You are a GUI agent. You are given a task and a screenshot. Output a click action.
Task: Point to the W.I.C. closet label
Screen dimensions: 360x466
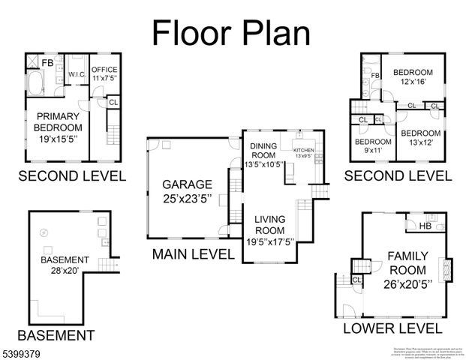tap(76, 75)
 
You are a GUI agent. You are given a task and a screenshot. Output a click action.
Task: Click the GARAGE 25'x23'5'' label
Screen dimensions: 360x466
tap(188, 190)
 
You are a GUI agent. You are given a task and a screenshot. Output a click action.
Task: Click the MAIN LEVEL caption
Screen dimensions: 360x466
tap(193, 254)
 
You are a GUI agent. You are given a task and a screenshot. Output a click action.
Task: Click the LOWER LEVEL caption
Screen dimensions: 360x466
tap(392, 328)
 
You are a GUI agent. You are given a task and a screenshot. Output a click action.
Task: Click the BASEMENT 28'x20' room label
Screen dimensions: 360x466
tap(65, 265)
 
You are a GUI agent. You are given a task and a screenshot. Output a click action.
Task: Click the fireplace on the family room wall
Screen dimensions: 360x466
tap(449, 268)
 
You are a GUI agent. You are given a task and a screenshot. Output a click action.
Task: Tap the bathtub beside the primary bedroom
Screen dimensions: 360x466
tap(35, 82)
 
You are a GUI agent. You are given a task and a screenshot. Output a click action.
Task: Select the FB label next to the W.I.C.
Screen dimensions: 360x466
tap(47, 63)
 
